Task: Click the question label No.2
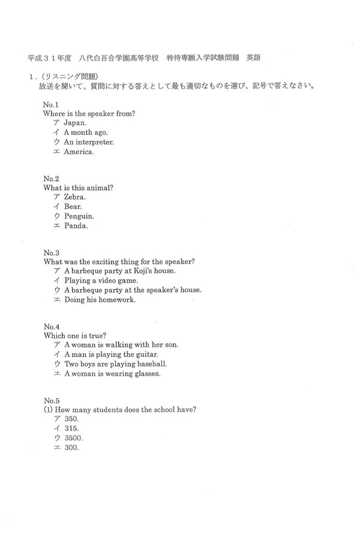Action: pos(51,178)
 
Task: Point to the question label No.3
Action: pos(51,253)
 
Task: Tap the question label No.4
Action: pos(51,326)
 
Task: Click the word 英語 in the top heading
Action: pos(253,58)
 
